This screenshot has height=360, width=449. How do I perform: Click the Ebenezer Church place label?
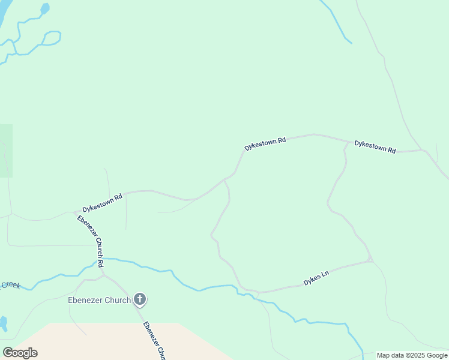[x=98, y=300]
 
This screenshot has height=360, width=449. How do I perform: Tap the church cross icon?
[x=140, y=299]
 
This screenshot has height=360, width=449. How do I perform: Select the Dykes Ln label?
[x=316, y=278]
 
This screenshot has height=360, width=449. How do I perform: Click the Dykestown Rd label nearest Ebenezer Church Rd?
[x=103, y=202]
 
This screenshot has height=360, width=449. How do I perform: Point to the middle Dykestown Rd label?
[x=265, y=143]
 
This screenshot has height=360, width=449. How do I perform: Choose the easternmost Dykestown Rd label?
[x=375, y=147]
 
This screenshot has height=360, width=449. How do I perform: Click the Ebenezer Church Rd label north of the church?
[x=91, y=241]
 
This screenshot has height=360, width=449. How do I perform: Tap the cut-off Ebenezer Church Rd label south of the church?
[x=154, y=341]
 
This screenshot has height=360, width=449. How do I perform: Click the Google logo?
[x=20, y=353]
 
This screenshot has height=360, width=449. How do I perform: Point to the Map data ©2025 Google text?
[x=412, y=355]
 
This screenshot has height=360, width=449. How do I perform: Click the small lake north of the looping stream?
[x=44, y=8]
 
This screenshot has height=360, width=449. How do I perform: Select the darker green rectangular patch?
[x=5, y=151]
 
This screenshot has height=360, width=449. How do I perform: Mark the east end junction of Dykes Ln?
[x=370, y=260]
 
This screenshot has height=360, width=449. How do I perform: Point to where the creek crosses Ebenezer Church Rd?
[x=100, y=260]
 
